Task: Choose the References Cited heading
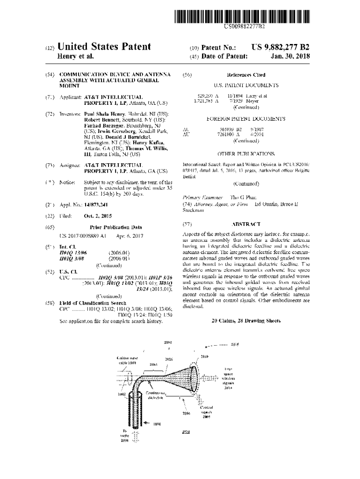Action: click(246, 75)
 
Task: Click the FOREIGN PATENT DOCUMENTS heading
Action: click(246, 119)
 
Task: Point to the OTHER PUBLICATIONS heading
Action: click(246, 153)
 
